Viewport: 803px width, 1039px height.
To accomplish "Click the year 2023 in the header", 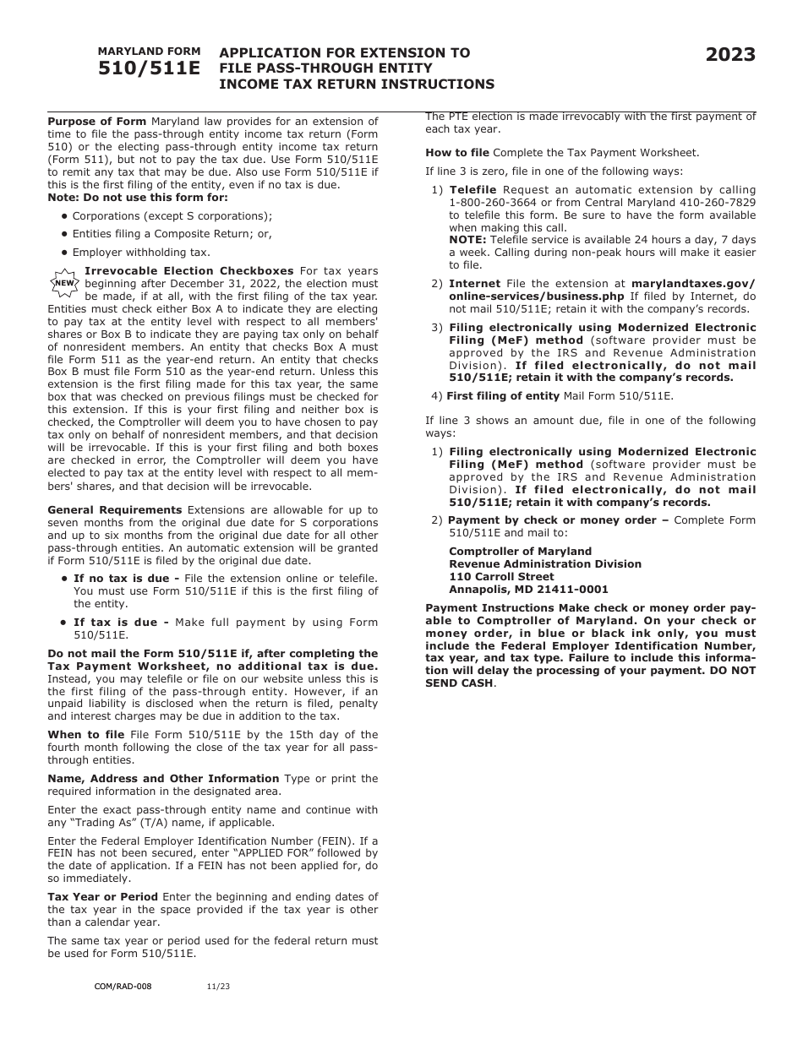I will point(730,56).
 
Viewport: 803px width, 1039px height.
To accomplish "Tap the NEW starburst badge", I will point(64,283).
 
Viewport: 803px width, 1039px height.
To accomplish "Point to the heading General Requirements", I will point(114,510).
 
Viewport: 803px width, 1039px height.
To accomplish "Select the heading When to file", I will point(85,735).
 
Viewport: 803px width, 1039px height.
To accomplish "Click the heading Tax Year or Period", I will point(102,897).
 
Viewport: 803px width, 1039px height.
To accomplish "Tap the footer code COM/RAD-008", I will point(123,986).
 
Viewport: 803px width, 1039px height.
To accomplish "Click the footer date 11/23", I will point(217,986).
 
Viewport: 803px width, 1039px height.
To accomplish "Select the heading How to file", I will point(456,153).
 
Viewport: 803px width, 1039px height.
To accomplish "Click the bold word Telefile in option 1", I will point(473,190).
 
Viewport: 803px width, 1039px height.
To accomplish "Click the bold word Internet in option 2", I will point(474,284).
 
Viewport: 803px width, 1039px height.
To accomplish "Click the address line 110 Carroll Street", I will point(501,577).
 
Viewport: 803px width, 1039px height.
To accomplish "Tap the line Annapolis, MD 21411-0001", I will point(528,590).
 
